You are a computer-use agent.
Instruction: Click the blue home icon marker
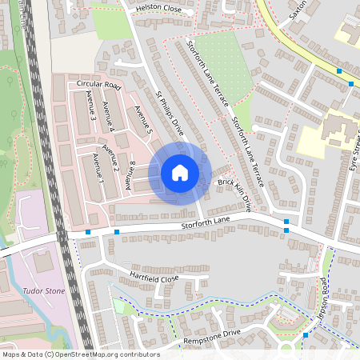click(x=180, y=173)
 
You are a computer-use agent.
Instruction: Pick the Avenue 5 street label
click(x=143, y=118)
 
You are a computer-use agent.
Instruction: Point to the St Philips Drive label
click(x=170, y=117)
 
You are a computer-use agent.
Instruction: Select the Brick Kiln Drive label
click(x=240, y=192)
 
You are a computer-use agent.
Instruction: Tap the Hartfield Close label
click(x=149, y=276)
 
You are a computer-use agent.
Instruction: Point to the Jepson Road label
click(x=325, y=296)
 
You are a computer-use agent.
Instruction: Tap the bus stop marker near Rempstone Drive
click(x=306, y=335)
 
